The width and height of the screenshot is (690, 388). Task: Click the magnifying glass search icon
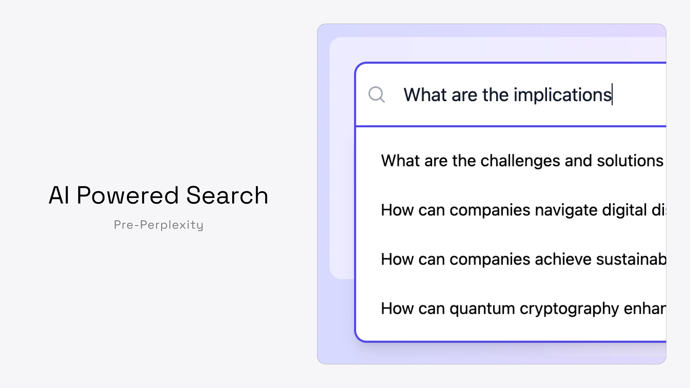[376, 94]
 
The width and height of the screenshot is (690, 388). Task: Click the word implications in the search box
[562, 95]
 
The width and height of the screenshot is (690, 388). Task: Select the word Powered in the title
[128, 195]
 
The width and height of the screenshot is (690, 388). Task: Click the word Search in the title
[227, 195]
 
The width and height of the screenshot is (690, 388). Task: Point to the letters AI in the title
[59, 195]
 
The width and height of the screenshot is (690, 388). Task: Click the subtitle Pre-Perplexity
[158, 225]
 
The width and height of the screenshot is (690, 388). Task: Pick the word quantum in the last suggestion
[482, 308]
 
